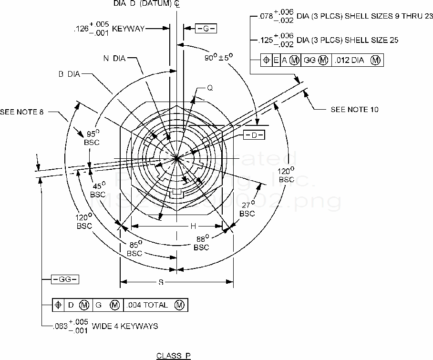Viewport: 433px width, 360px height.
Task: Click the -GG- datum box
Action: tap(65, 279)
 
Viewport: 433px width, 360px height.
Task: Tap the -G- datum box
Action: tap(206, 29)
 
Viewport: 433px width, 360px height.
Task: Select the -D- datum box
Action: tap(254, 135)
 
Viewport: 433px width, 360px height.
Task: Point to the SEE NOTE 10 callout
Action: tap(354, 109)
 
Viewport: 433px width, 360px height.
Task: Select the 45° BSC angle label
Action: tap(98, 190)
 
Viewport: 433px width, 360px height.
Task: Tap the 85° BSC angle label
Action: tap(134, 249)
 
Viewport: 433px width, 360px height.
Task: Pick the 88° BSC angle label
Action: tap(202, 243)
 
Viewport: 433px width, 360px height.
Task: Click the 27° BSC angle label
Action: tap(247, 209)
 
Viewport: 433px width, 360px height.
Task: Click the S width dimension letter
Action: tap(161, 282)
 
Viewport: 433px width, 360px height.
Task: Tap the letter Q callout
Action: tap(210, 88)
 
